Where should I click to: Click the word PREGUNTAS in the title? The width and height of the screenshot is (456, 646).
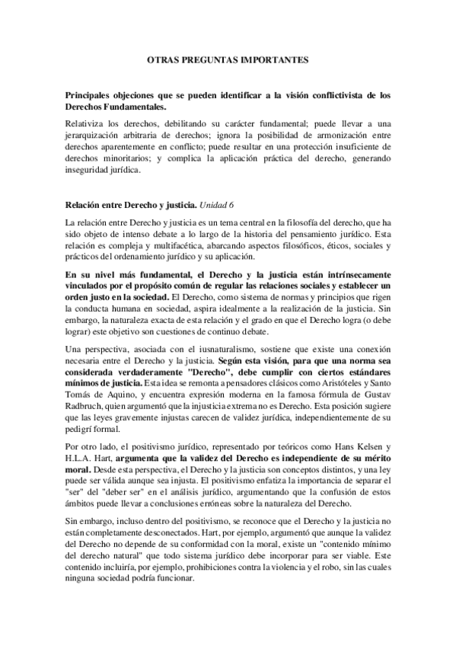[x=200, y=58]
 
